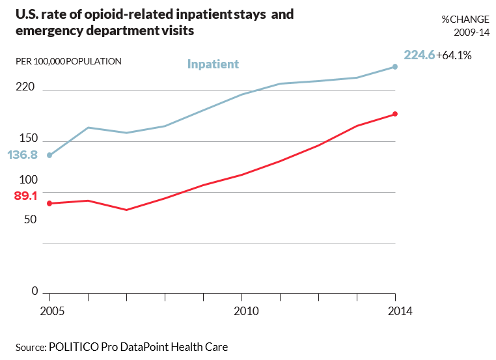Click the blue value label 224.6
(419, 55)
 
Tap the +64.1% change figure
(454, 55)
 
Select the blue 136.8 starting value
(23, 155)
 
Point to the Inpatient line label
(213, 64)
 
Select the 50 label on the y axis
(31, 219)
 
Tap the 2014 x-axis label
(395, 311)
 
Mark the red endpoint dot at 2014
(395, 115)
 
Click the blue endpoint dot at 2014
(395, 66)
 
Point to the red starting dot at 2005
(49, 203)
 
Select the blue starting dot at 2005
(49, 155)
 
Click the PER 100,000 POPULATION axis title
(68, 62)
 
